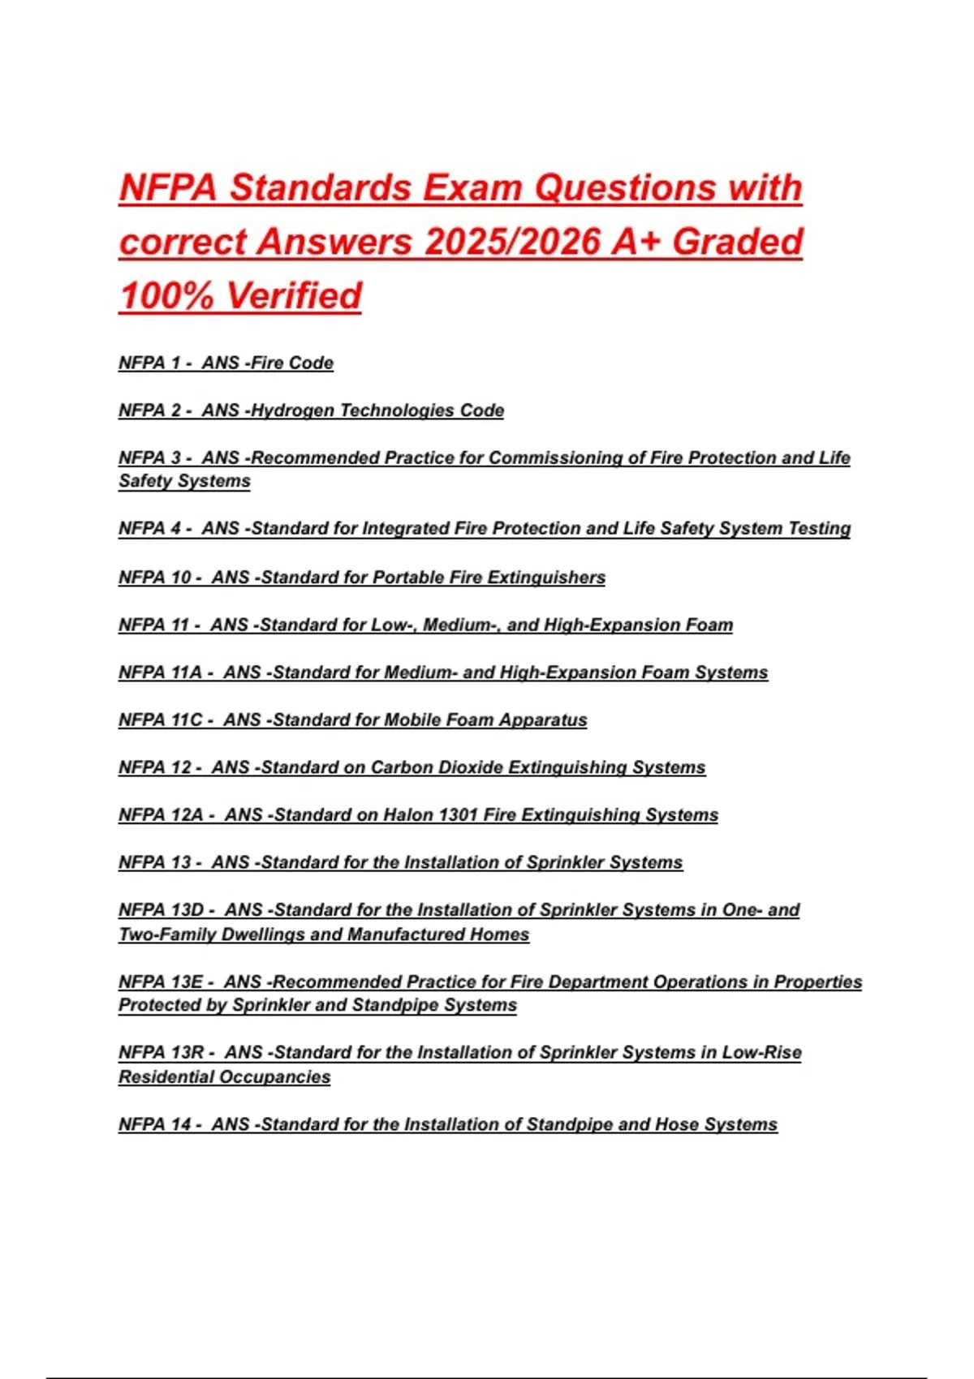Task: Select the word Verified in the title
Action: pos(294,295)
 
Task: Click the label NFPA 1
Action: pos(149,363)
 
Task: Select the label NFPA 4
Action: pos(149,528)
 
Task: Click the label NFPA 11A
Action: pos(160,672)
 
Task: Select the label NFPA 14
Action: pos(154,1124)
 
